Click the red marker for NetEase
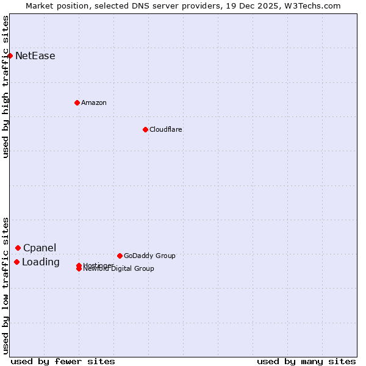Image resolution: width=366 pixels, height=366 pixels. click(10, 56)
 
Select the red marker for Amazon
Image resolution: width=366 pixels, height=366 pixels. click(77, 102)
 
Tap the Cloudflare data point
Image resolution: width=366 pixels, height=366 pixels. click(145, 129)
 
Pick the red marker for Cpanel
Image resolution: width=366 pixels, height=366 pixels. click(18, 248)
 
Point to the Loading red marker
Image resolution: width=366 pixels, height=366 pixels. click(16, 262)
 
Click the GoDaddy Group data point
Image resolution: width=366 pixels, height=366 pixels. click(120, 256)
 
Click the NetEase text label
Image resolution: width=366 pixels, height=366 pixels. click(35, 56)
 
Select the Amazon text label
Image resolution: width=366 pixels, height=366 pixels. click(94, 102)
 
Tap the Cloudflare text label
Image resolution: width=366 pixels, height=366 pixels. click(166, 129)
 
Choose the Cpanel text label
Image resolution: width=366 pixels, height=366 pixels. click(40, 248)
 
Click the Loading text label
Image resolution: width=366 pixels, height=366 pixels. click(41, 262)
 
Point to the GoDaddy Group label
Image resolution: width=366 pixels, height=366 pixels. click(149, 256)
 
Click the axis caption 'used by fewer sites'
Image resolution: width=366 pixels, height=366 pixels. click(63, 361)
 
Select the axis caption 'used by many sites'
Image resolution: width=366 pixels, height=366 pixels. click(306, 361)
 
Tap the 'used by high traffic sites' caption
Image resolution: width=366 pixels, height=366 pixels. click(5, 87)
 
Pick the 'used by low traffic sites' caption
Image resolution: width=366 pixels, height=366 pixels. click(5, 285)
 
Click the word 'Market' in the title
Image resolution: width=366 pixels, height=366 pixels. click(40, 5)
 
